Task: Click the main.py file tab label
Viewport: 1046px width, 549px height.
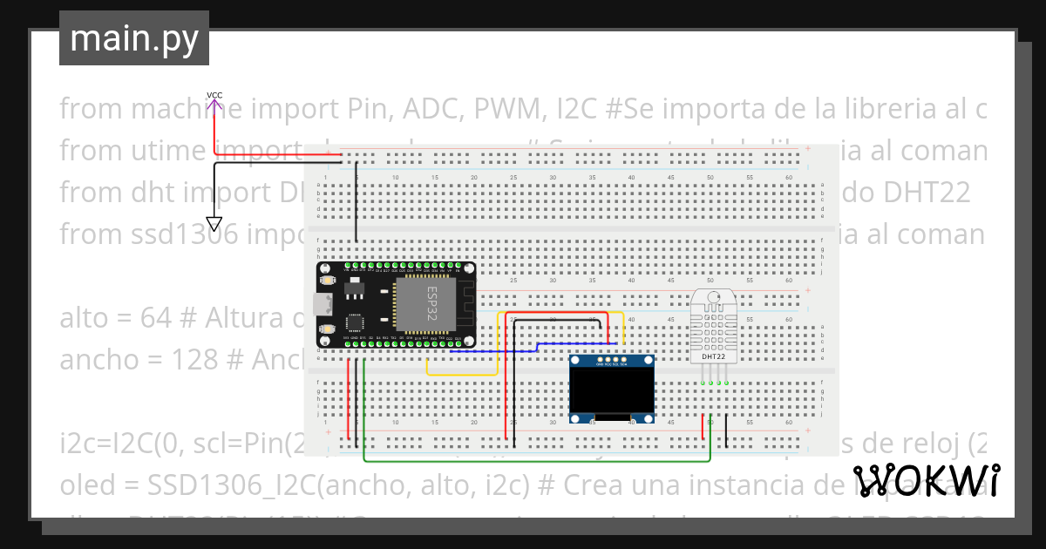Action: (134, 39)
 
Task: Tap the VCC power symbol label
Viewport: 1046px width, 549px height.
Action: (214, 95)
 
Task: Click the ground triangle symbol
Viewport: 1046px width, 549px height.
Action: (214, 223)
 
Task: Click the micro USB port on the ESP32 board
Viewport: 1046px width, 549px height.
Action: (324, 305)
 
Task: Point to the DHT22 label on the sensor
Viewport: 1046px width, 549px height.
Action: (714, 356)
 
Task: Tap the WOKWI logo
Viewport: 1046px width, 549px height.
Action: (926, 480)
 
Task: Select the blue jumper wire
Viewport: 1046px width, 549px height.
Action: (523, 349)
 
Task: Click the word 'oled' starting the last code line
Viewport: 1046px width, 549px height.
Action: (85, 485)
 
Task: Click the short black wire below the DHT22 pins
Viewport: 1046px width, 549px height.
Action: (727, 427)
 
